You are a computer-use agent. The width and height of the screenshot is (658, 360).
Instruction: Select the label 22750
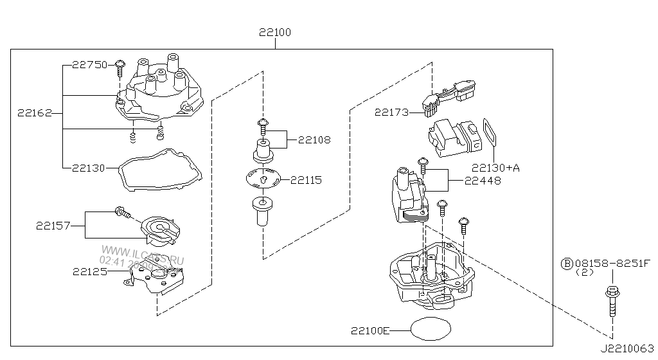89,64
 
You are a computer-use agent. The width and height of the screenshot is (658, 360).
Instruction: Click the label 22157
53,226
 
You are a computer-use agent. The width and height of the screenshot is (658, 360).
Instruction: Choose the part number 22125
89,271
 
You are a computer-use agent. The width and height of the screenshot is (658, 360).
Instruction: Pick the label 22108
314,139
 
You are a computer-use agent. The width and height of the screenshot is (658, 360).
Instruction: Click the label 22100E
370,331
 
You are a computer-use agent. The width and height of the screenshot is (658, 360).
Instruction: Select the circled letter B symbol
567,263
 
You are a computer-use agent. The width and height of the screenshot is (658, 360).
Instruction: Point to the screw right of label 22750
120,67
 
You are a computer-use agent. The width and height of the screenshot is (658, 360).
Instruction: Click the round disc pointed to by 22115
264,178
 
